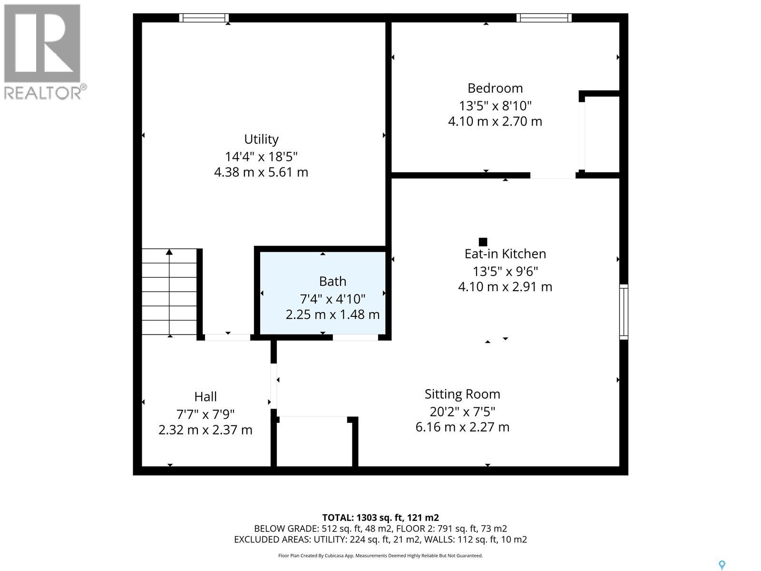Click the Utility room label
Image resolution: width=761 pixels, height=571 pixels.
point(261,139)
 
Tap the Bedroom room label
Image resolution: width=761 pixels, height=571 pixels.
point(495,89)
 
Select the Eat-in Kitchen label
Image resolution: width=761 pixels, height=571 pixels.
point(505,254)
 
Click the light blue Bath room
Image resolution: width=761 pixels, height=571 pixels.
point(323,293)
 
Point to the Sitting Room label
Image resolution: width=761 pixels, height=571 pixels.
point(462,394)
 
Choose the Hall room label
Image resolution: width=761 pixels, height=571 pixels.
point(205,397)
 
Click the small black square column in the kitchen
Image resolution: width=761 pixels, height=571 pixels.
point(483,242)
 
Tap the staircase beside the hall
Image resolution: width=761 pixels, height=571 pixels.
point(169,292)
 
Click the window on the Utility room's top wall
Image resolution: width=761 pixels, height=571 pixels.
point(204,18)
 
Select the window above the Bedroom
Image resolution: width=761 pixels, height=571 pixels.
point(544,18)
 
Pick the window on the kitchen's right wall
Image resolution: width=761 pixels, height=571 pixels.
point(624,312)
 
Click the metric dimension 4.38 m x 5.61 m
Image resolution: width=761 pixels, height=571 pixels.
point(261,172)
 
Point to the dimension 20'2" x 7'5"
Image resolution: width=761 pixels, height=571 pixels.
point(462,412)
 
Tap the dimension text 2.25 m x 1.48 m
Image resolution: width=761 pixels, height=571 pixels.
point(332,315)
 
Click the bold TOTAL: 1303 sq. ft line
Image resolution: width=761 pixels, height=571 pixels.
point(380,518)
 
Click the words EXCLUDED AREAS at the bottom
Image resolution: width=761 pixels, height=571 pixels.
point(272,540)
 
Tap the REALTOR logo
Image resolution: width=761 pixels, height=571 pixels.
point(44,52)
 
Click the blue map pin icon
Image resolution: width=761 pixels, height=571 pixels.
point(722,555)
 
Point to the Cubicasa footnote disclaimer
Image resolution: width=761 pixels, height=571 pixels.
point(380,555)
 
